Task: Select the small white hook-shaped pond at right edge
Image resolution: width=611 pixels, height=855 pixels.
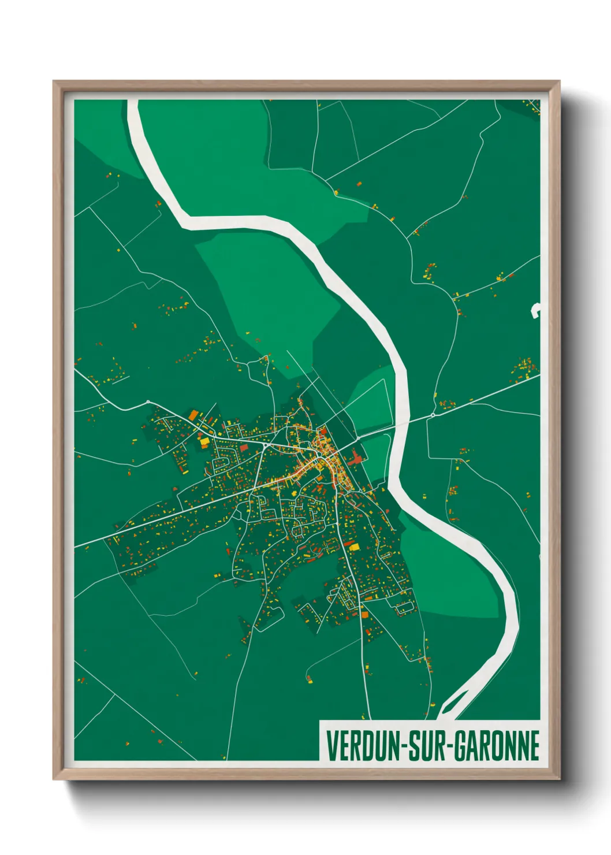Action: point(535,311)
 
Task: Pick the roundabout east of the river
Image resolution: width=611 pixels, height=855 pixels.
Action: point(433,415)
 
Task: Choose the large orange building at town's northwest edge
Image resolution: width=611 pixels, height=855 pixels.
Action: point(192,415)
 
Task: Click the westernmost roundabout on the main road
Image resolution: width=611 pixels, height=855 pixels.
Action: point(148,402)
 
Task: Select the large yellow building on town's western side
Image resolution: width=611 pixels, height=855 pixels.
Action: point(204,442)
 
